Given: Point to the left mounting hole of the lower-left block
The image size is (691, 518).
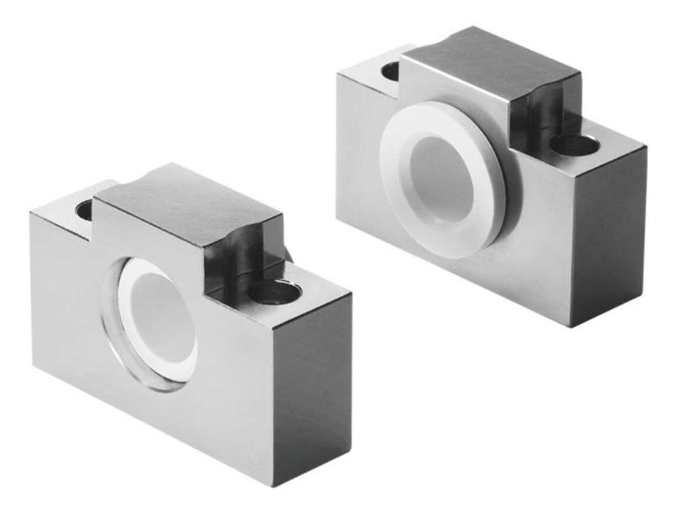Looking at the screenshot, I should [85, 209].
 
